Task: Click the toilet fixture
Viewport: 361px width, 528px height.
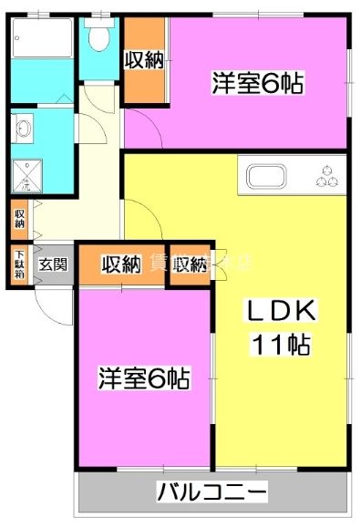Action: pyautogui.click(x=98, y=37)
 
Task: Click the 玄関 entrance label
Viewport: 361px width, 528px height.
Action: pyautogui.click(x=52, y=265)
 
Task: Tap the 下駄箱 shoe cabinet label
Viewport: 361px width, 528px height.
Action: pyautogui.click(x=18, y=265)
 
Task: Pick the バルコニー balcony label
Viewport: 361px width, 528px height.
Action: pyautogui.click(x=212, y=493)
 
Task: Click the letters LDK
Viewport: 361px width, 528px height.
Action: pyautogui.click(x=283, y=312)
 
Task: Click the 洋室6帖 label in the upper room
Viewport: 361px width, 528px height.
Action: pyautogui.click(x=258, y=83)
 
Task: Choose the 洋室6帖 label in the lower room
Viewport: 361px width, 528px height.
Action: pyautogui.click(x=144, y=378)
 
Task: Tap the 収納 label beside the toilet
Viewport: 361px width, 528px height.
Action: pyautogui.click(x=144, y=60)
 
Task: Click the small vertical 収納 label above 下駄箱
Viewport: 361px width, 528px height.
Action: pyautogui.click(x=19, y=219)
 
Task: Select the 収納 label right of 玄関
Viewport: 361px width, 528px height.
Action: pyautogui.click(x=120, y=265)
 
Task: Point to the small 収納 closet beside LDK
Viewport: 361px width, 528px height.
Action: pyautogui.click(x=190, y=265)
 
